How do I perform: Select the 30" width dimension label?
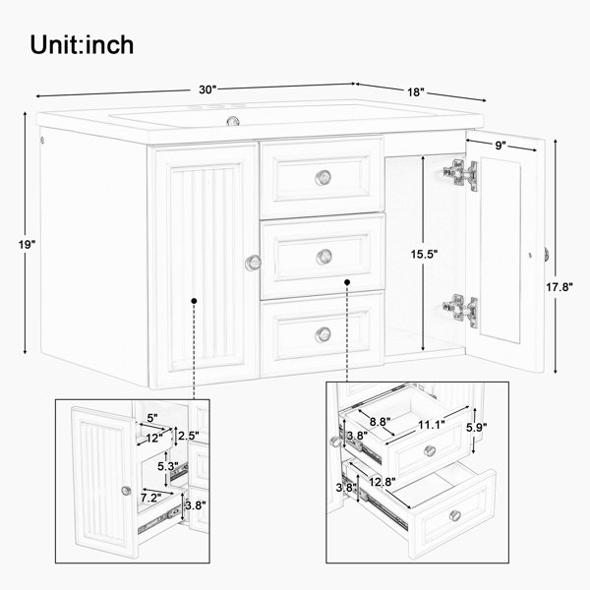[x=206, y=88]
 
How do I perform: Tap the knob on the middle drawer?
[x=324, y=256]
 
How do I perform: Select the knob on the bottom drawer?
[x=324, y=334]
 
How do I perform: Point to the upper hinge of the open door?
[x=459, y=173]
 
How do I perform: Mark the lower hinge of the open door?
[x=459, y=309]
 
